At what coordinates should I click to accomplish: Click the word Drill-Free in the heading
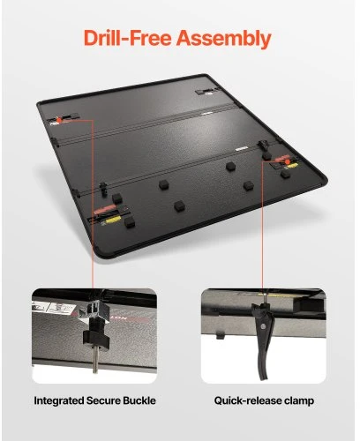(x=127, y=38)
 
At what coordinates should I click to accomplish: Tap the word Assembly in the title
(x=223, y=39)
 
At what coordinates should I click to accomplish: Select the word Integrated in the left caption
(x=58, y=400)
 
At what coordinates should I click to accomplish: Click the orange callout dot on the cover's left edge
(x=59, y=120)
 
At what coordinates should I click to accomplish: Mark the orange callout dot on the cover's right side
(x=288, y=162)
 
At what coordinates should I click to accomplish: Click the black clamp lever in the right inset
(x=264, y=341)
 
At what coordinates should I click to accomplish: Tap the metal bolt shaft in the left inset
(x=95, y=359)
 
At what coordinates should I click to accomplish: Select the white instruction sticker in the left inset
(x=54, y=308)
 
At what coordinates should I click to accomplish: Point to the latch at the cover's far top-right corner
(x=205, y=93)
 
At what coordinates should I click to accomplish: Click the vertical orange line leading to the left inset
(x=93, y=204)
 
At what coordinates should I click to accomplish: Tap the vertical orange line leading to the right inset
(x=262, y=225)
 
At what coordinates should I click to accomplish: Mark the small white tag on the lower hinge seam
(x=241, y=149)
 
